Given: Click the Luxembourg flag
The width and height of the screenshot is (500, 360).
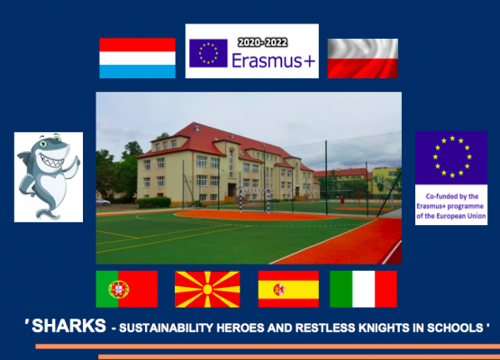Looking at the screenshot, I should [x=137, y=58].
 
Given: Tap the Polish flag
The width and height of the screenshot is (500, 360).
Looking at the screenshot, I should [x=362, y=58].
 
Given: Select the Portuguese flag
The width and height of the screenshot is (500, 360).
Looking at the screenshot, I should [x=126, y=289].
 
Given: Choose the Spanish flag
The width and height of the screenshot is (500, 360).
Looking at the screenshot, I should [x=288, y=289].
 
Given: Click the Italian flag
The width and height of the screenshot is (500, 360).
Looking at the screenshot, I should [x=363, y=289].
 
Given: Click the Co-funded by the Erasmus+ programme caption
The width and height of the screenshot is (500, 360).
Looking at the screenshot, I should [x=450, y=205].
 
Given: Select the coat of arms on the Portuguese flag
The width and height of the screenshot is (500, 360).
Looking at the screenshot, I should [x=118, y=289].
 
